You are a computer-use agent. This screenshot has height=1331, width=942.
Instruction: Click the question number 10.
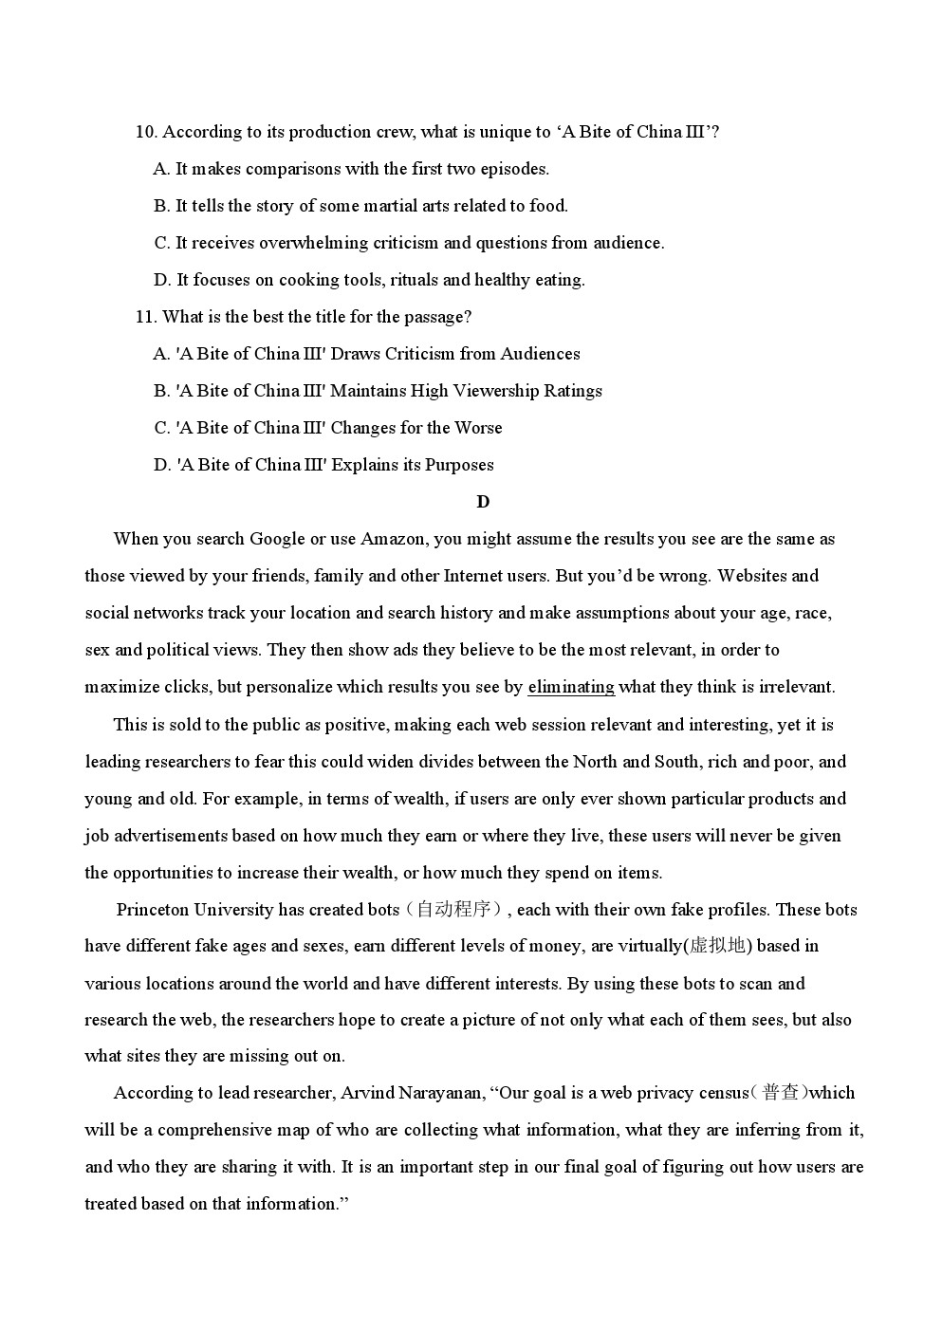[145, 132]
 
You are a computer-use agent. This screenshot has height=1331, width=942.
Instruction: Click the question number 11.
[145, 317]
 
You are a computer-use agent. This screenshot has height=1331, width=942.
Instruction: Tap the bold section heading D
[483, 502]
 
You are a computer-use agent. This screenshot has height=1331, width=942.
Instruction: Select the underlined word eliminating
[570, 687]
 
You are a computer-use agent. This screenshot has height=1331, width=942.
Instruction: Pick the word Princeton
[153, 910]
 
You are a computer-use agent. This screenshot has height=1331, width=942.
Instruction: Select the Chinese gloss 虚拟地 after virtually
[717, 946]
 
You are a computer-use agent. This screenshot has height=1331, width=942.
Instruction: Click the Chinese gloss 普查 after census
[781, 1093]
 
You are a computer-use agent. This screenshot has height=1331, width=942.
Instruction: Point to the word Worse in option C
[478, 428]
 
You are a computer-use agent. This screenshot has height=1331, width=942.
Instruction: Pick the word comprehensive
[213, 1130]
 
